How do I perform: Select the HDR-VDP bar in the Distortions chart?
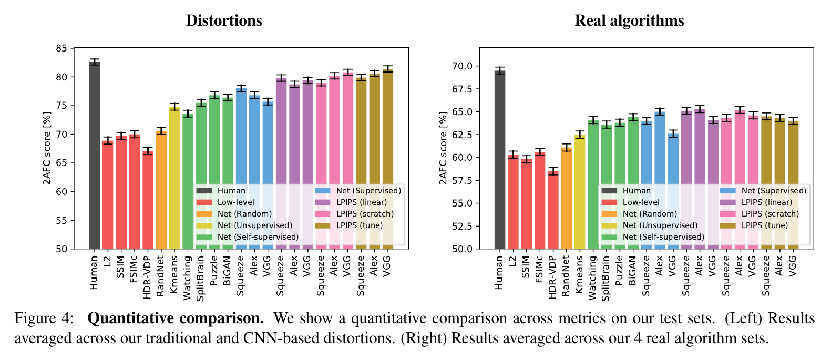[x=148, y=200]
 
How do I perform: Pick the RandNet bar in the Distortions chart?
[x=161, y=190]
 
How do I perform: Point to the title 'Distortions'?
[x=224, y=20]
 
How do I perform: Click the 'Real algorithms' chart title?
[x=629, y=20]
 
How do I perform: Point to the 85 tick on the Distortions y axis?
[x=61, y=49]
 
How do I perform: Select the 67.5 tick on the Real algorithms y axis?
[x=462, y=89]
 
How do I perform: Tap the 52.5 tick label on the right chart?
[x=462, y=227]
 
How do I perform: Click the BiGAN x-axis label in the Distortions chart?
[x=228, y=271]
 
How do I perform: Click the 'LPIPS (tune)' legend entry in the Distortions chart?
[x=360, y=225]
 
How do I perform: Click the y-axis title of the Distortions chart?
[x=47, y=148]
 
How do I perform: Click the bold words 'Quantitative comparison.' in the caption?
[x=176, y=318]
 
